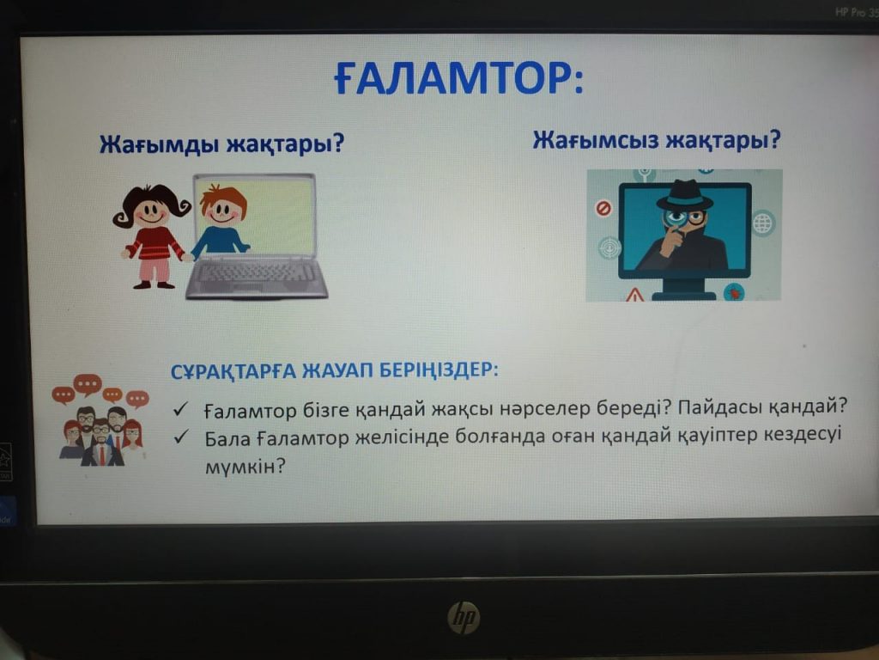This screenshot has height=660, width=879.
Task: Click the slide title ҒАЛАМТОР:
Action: click(x=459, y=77)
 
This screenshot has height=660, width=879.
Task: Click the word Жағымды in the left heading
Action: click(x=158, y=144)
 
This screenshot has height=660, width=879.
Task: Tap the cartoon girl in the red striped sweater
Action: click(x=152, y=235)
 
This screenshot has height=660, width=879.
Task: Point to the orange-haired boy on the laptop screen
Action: click(x=222, y=221)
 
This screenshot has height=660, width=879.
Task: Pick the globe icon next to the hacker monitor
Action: click(x=762, y=223)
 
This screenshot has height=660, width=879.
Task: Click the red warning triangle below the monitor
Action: click(x=635, y=294)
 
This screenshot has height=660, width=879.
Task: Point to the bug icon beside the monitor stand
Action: click(x=733, y=292)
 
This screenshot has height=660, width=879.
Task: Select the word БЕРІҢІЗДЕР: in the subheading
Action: click(x=439, y=370)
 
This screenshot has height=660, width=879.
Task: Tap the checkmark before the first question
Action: click(x=180, y=409)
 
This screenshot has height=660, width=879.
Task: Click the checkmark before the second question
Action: click(x=180, y=437)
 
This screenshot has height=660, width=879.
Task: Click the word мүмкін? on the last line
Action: click(x=245, y=466)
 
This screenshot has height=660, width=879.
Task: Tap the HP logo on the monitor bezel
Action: click(x=464, y=617)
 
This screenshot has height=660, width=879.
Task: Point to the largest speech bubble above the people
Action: click(x=88, y=385)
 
